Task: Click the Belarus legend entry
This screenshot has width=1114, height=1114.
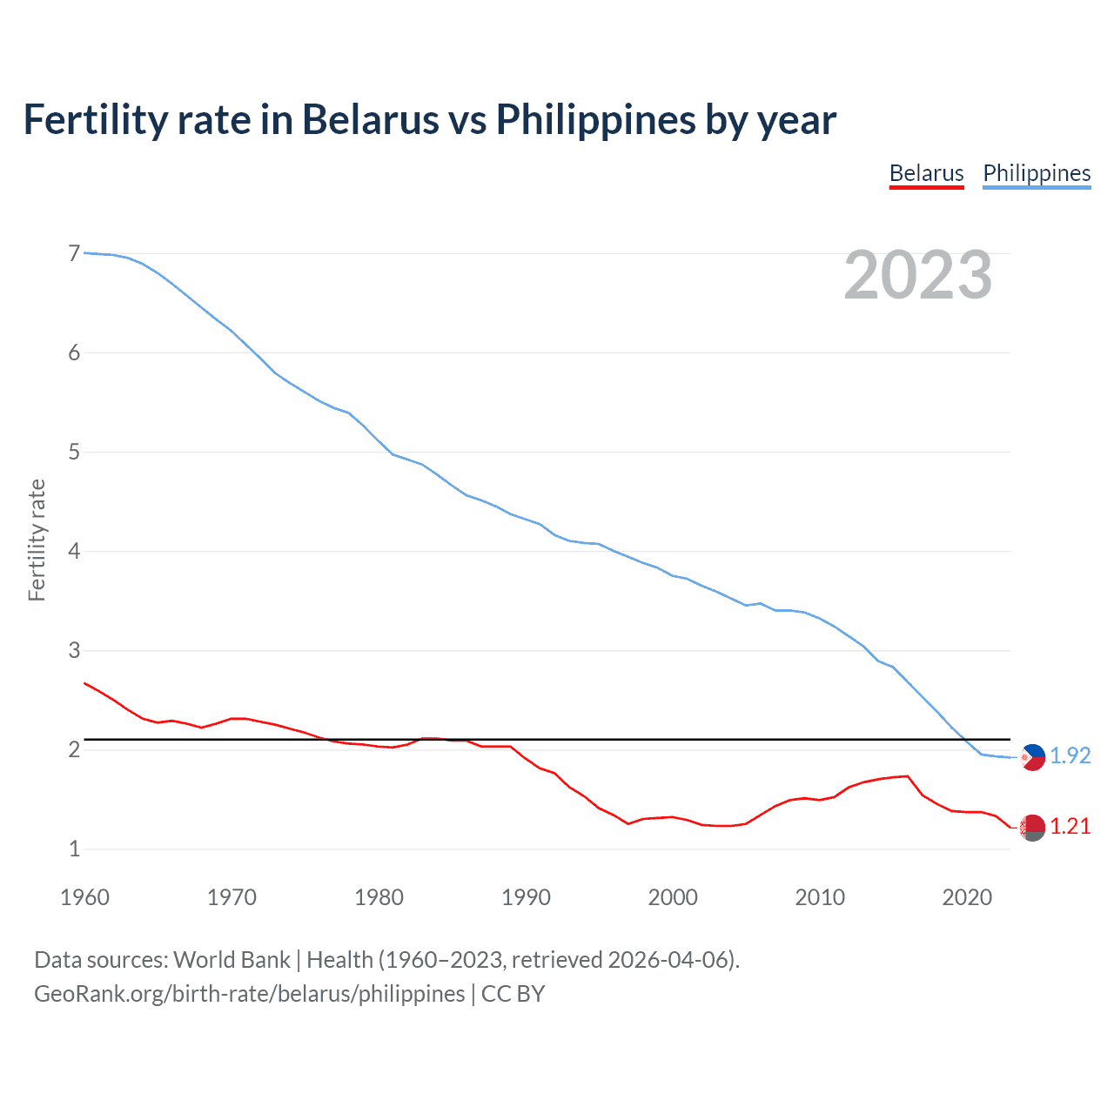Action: tap(926, 173)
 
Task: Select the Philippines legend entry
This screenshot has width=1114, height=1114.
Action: tap(1037, 173)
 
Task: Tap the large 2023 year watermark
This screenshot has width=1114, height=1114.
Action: tap(918, 275)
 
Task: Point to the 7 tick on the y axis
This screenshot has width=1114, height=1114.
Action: tap(74, 253)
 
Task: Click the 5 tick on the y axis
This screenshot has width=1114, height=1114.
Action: tap(74, 452)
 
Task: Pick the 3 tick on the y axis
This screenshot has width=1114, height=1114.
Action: tap(74, 650)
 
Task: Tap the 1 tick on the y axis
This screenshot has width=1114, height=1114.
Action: tap(74, 849)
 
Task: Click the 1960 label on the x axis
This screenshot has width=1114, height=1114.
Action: tap(84, 897)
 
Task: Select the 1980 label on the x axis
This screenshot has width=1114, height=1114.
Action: tap(379, 897)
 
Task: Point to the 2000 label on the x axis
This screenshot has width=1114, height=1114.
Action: tap(673, 897)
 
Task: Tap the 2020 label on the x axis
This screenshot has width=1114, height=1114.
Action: tap(967, 897)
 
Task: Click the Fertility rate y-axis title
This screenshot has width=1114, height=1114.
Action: tap(37, 540)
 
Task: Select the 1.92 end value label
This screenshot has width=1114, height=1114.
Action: tap(1070, 755)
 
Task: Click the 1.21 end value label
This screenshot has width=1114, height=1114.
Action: tap(1070, 826)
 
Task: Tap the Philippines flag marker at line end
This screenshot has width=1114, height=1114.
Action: tap(1032, 757)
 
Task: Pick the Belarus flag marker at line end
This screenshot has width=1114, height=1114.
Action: tap(1032, 828)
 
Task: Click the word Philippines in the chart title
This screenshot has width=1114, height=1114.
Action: tap(596, 120)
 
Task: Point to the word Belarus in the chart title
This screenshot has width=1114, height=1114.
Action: tap(371, 119)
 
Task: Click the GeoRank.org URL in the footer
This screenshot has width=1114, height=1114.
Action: tap(249, 994)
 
